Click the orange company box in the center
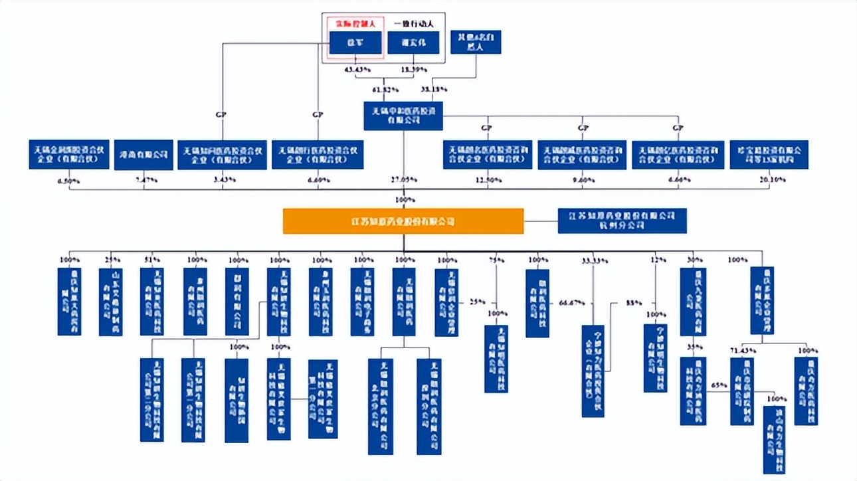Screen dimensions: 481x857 point(403,221)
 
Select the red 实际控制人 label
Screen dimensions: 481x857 point(355,23)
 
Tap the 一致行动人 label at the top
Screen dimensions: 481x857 point(413,23)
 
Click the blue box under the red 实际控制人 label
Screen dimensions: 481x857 point(355,43)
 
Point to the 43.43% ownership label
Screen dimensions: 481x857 point(357,69)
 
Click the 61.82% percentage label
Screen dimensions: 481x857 point(385,89)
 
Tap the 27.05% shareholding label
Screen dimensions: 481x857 point(403,179)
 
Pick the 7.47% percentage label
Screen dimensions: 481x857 point(144,179)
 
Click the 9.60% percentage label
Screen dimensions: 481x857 point(582,179)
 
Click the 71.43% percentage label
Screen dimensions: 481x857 point(741,349)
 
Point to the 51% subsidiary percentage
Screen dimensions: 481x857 point(152,260)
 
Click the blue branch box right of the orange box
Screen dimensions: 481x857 point(622,221)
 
